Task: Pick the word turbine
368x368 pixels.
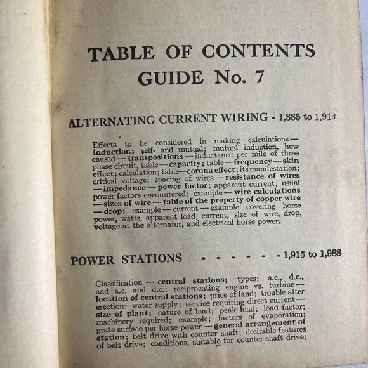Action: point(289,287)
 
